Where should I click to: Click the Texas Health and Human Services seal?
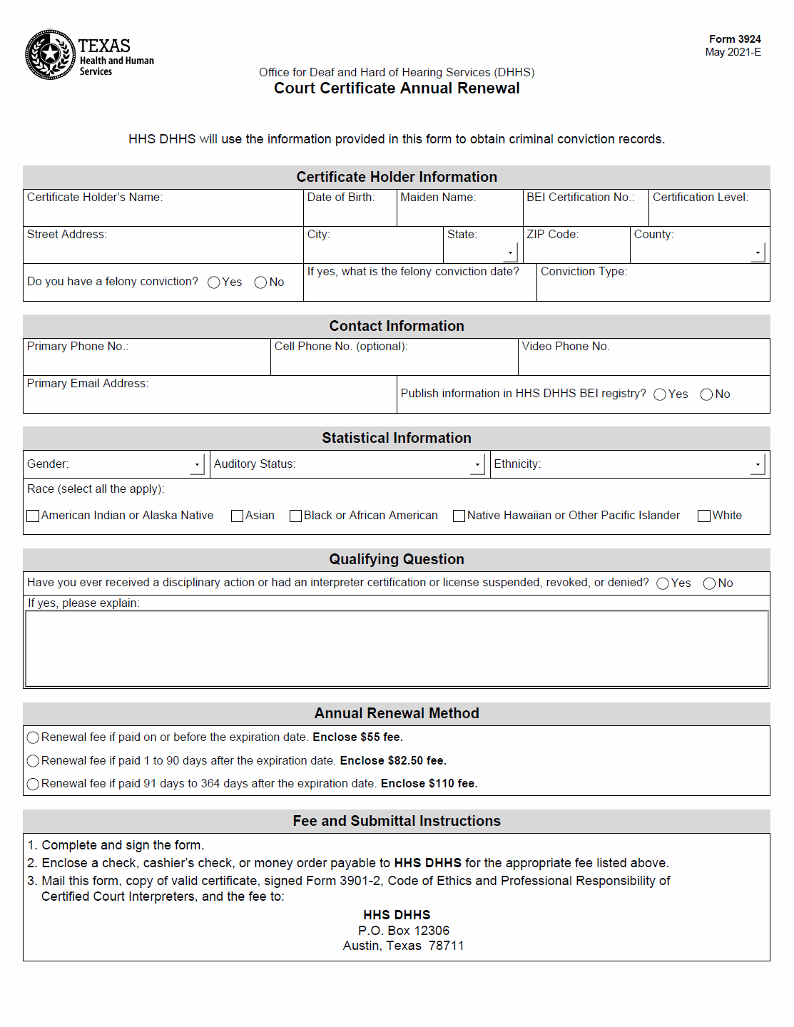[50, 54]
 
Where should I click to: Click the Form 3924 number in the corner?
[734, 39]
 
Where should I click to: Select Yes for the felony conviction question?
[214, 282]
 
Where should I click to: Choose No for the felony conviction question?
[260, 282]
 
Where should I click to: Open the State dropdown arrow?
[510, 252]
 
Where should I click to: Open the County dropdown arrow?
[758, 252]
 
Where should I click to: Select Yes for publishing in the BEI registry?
[660, 394]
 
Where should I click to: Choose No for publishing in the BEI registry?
[706, 394]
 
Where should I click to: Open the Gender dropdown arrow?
[198, 464]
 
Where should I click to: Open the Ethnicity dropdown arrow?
[758, 464]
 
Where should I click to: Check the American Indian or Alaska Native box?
[33, 516]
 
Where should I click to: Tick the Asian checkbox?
[238, 516]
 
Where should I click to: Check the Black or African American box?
[295, 516]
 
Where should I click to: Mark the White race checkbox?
[704, 516]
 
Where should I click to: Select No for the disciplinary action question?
[709, 583]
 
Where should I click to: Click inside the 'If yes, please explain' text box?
[397, 648]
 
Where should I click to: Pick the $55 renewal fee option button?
[33, 737]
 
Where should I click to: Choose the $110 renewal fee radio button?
[33, 784]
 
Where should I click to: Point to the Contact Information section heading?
[397, 326]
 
